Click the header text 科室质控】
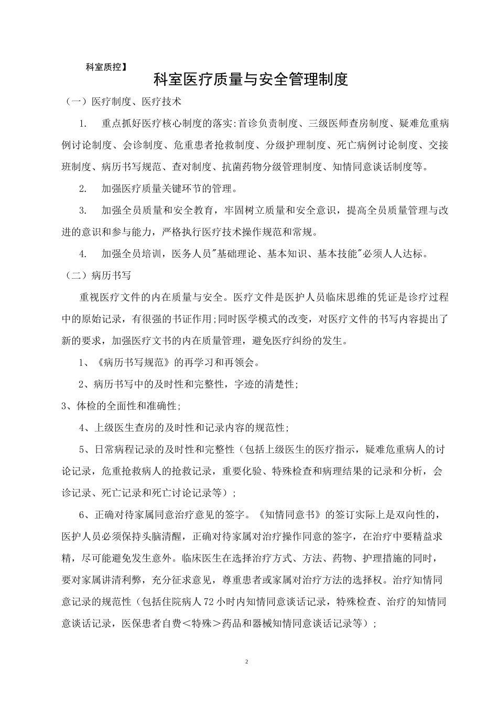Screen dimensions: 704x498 click(106, 67)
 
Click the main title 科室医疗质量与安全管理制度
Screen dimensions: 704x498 click(251, 80)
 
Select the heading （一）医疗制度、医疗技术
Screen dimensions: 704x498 click(122, 102)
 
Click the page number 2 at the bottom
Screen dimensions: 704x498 click(246, 662)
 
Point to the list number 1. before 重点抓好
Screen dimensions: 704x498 click(83, 124)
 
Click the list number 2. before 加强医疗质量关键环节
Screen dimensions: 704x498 click(83, 189)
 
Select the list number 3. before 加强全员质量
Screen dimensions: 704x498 click(83, 211)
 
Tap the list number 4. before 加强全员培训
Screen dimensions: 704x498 click(83, 254)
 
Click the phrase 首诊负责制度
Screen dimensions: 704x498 click(267, 124)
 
